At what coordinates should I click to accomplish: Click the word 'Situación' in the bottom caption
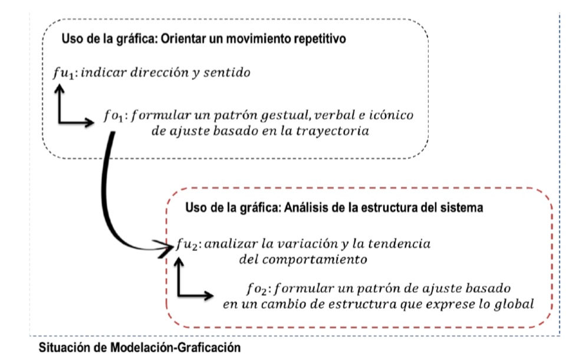(x=65, y=348)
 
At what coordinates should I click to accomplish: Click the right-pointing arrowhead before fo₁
(x=88, y=123)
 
